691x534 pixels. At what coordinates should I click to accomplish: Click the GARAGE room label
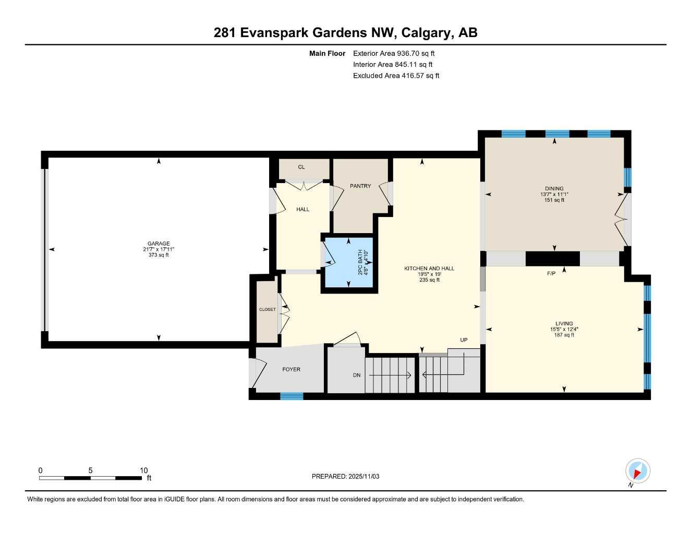(x=159, y=244)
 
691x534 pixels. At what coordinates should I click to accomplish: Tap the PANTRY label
(x=360, y=186)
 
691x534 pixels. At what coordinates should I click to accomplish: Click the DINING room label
(x=554, y=189)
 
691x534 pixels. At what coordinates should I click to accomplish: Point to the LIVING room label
(x=564, y=323)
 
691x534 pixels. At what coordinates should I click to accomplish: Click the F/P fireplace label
(x=551, y=273)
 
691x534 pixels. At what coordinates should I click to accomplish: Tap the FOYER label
(x=291, y=369)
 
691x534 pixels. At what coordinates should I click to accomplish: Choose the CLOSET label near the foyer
(x=268, y=310)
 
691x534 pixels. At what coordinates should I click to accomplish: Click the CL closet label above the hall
(x=301, y=167)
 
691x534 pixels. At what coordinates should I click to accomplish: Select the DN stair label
(x=357, y=375)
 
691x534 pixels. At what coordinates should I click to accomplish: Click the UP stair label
(x=464, y=340)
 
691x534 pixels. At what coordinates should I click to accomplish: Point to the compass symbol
(x=637, y=471)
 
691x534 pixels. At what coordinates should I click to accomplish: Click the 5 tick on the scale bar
(x=90, y=470)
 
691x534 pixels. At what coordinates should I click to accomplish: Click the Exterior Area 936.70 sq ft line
(x=394, y=53)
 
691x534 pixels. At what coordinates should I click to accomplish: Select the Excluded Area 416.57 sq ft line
(x=396, y=76)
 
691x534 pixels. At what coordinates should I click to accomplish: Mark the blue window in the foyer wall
(x=292, y=396)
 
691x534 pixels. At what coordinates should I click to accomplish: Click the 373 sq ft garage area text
(x=159, y=255)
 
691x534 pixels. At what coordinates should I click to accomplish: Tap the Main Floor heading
(x=327, y=53)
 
